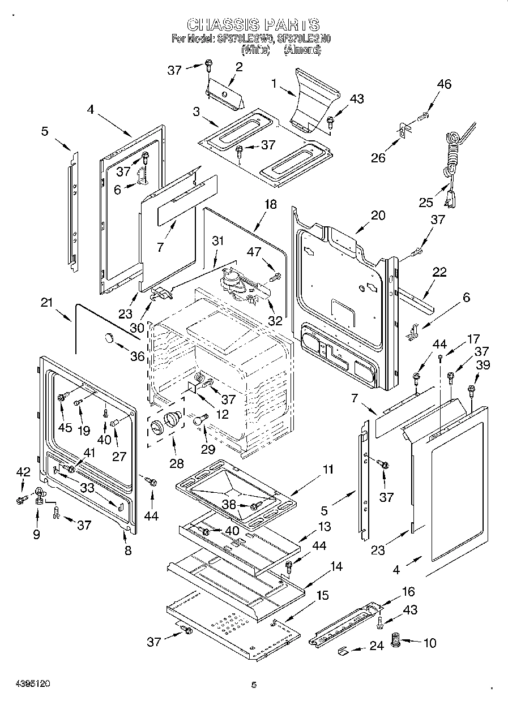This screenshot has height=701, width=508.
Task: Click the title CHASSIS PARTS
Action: pyautogui.click(x=253, y=24)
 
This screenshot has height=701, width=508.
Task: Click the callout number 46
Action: pyautogui.click(x=444, y=84)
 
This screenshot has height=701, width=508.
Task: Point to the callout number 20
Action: pyautogui.click(x=378, y=215)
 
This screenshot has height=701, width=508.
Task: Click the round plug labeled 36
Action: pyautogui.click(x=108, y=338)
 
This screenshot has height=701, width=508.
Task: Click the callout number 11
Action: pyautogui.click(x=327, y=469)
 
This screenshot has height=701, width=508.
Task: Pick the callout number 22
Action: pyautogui.click(x=439, y=272)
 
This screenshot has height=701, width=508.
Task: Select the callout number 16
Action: pyautogui.click(x=408, y=592)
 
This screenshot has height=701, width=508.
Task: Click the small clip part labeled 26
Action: pyautogui.click(x=404, y=132)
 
